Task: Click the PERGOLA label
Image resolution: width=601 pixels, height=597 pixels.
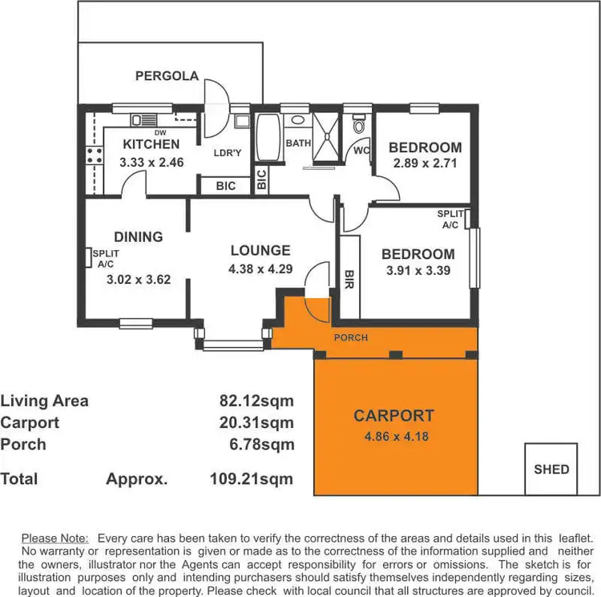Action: (x=167, y=76)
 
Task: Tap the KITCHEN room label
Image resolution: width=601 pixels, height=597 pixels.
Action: (x=151, y=145)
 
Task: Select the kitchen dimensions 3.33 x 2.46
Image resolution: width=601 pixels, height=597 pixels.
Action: (x=151, y=162)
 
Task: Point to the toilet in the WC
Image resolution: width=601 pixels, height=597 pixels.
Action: (x=358, y=126)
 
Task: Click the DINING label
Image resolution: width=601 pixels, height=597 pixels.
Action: (x=138, y=237)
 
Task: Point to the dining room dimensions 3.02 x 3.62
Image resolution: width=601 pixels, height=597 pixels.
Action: (x=139, y=280)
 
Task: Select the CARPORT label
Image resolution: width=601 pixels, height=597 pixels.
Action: (x=393, y=416)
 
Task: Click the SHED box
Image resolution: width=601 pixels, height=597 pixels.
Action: (x=551, y=469)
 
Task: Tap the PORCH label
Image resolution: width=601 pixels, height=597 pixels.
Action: (x=351, y=337)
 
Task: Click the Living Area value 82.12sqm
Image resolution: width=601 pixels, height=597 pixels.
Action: (x=256, y=401)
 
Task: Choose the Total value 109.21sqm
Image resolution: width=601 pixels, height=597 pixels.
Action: (x=245, y=479)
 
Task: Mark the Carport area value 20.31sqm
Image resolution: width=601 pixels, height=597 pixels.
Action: (x=256, y=422)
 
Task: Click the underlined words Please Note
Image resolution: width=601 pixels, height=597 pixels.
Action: (x=55, y=539)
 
